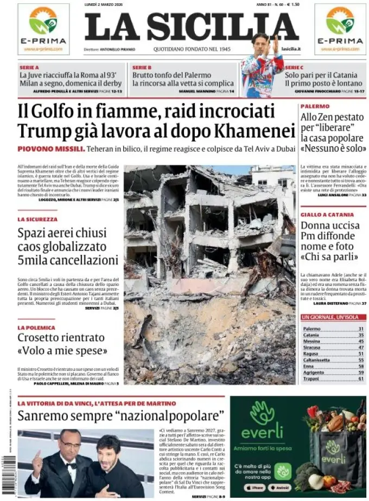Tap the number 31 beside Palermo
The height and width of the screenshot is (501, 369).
coord(360,329)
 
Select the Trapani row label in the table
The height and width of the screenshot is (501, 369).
coord(311,378)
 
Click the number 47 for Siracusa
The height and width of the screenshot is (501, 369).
coord(360,348)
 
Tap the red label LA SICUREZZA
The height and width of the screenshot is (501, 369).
coord(37,220)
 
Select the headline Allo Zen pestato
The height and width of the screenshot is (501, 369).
coord(329,117)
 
